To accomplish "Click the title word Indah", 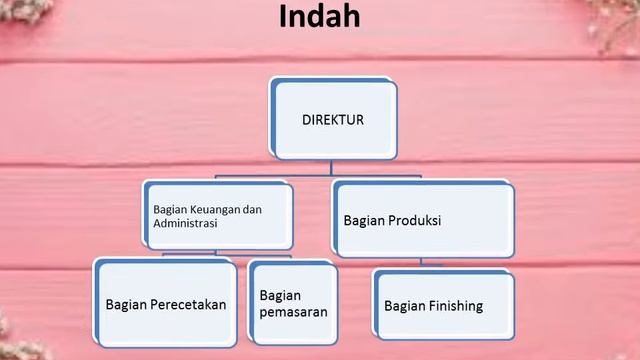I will pos(319,19).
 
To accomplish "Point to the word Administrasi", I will pos(186,224).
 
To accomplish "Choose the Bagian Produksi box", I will pos(420,219).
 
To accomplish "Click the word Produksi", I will pos(414,219).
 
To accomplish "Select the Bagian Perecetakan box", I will pos(165,303).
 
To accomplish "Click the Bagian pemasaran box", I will pos(291,303).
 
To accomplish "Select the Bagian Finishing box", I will pos(444,305).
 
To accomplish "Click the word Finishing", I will pos(457,306).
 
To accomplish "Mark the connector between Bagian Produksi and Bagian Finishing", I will pos(421,261).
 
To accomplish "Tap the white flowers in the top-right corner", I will pos(615,25).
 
